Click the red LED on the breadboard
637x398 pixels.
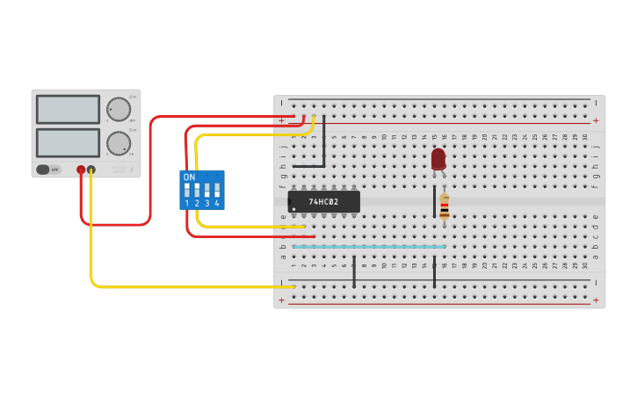pyautogui.click(x=438, y=158)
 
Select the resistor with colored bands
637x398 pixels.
pyautogui.click(x=444, y=206)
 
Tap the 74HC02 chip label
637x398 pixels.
pyautogui.click(x=323, y=202)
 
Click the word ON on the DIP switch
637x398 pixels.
pyautogui.click(x=189, y=177)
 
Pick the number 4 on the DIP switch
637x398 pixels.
pyautogui.click(x=216, y=204)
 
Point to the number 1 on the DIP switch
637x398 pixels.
pyautogui.click(x=186, y=204)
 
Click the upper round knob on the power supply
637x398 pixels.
pyautogui.click(x=118, y=109)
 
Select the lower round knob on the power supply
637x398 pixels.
pyautogui.click(x=118, y=143)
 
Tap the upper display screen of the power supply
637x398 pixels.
pyautogui.click(x=68, y=109)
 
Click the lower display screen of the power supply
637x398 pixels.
pyautogui.click(x=68, y=142)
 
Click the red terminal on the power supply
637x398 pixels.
pyautogui.click(x=81, y=170)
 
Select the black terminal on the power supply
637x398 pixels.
pyautogui.click(x=91, y=170)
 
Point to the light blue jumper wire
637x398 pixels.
pyautogui.click(x=369, y=247)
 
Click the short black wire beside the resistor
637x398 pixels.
pyautogui.click(x=434, y=201)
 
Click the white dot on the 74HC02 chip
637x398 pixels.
pyautogui.click(x=293, y=208)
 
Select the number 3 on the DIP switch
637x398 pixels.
pyautogui.click(x=206, y=204)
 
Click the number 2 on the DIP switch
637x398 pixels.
pyautogui.click(x=197, y=204)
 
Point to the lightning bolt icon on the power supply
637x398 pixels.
pyautogui.click(x=132, y=170)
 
